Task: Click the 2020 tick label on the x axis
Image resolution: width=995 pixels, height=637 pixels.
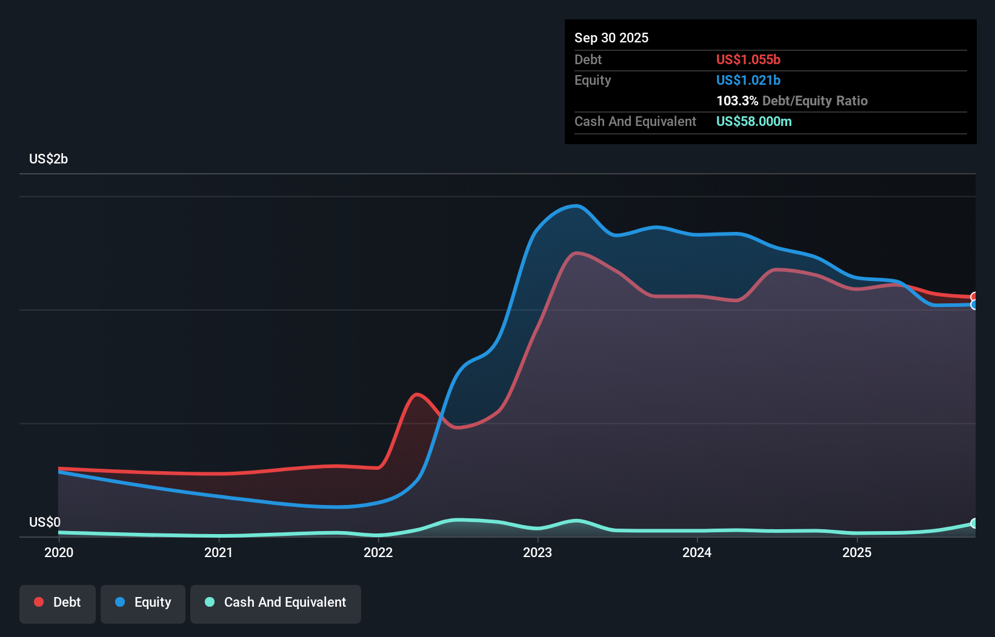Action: click(59, 552)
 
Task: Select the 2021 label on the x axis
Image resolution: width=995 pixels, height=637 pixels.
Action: click(218, 552)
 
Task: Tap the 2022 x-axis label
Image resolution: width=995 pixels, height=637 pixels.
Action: click(378, 552)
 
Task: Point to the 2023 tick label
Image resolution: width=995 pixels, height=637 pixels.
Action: click(537, 552)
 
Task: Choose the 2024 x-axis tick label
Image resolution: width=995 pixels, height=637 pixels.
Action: click(697, 552)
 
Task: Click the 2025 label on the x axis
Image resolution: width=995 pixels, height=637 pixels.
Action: click(857, 552)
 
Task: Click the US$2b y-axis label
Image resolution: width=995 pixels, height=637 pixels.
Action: click(48, 159)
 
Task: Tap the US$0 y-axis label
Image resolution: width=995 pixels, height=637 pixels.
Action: click(45, 522)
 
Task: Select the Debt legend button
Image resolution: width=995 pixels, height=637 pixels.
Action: click(58, 602)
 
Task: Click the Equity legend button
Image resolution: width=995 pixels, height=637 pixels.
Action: click(143, 602)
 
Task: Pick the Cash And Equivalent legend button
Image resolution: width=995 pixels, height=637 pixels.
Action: click(276, 602)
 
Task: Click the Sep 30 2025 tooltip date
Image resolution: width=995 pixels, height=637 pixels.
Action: click(611, 38)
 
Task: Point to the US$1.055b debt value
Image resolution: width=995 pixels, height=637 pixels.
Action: click(748, 59)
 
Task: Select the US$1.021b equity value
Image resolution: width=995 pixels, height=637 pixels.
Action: click(748, 80)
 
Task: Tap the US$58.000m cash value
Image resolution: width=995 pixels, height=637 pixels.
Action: click(754, 121)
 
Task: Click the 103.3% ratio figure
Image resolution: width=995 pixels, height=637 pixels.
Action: click(737, 101)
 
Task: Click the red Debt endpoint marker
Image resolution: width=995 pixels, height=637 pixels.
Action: click(974, 297)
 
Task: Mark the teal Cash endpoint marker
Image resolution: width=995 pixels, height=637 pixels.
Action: click(974, 523)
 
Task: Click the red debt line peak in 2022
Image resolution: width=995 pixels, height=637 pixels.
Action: click(417, 395)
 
